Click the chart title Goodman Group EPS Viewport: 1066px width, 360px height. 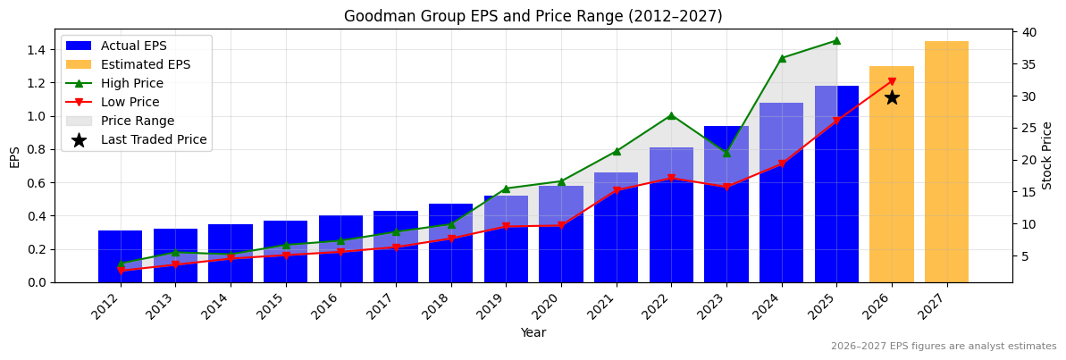point(533,16)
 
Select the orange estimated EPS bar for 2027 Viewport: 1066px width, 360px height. point(946,162)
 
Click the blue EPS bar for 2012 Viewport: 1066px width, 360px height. point(120,256)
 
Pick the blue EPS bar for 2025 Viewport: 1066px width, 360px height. point(836,184)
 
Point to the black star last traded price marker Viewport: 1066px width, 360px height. point(892,97)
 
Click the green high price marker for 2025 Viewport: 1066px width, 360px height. point(836,40)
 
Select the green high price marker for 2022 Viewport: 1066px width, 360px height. point(671,115)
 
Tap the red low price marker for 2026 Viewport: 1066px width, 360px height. point(892,81)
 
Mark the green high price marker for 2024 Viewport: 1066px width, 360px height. point(782,58)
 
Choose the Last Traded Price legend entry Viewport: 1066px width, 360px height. point(153,139)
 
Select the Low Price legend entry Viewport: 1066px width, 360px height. point(130,102)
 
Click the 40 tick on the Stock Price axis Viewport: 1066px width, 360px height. point(1028,32)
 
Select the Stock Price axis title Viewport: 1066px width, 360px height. point(1047,155)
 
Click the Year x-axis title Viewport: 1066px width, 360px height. point(533,332)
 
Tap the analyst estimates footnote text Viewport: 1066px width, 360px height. point(943,347)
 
